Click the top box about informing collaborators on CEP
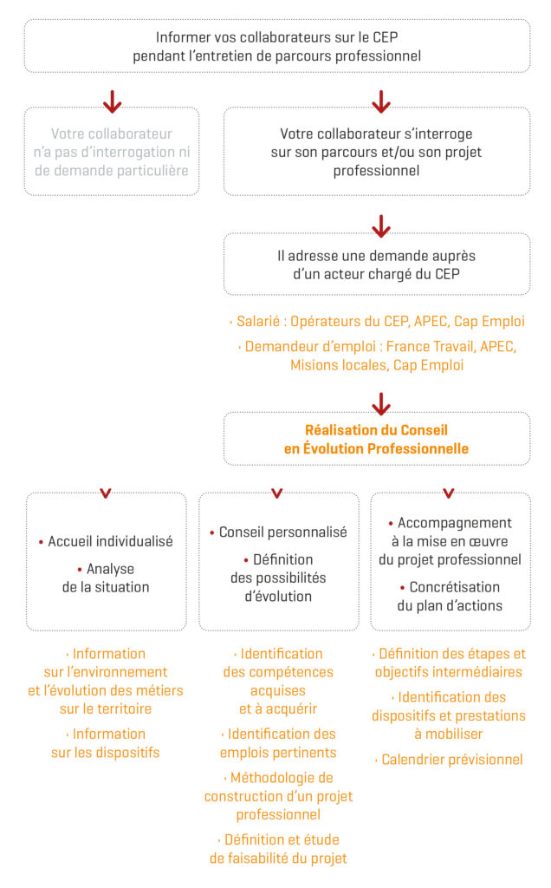[276, 46]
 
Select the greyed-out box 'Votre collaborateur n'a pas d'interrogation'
[112, 152]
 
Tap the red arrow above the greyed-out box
[112, 101]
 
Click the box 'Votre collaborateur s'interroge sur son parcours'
[377, 152]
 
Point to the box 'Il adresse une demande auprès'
[377, 264]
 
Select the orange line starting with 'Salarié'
[380, 321]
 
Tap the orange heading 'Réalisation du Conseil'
[377, 439]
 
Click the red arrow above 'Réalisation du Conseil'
[380, 403]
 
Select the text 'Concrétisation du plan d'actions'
[450, 596]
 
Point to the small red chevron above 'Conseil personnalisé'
[277, 493]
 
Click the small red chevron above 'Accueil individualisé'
[106, 493]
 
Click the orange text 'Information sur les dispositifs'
[106, 743]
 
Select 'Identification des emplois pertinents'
[278, 743]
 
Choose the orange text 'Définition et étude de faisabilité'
[278, 849]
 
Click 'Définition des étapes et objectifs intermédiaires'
[450, 663]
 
